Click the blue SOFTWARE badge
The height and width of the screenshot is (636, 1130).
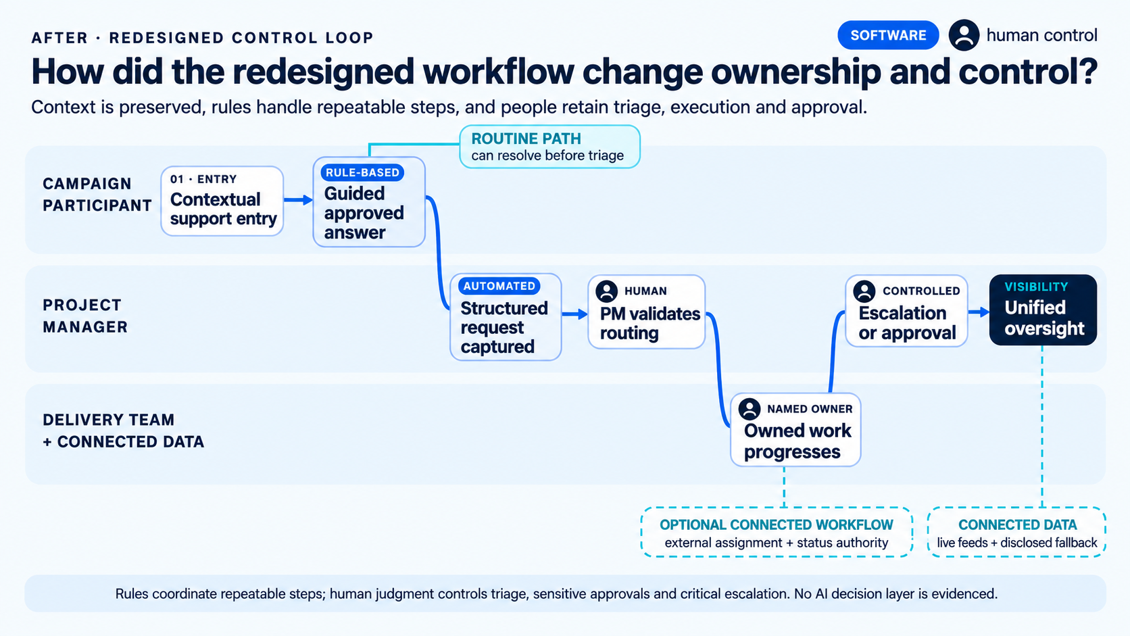tap(888, 35)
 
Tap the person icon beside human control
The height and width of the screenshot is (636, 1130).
tap(964, 35)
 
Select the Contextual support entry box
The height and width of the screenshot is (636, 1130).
tap(222, 201)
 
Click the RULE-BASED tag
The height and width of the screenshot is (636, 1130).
tap(362, 172)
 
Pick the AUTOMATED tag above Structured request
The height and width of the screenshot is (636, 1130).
tap(499, 286)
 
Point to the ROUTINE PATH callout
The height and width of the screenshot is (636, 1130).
tap(550, 147)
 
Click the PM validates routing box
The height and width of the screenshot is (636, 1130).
tap(646, 312)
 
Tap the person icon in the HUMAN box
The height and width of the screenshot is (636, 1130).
tap(606, 291)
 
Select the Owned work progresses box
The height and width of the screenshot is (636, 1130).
tap(795, 430)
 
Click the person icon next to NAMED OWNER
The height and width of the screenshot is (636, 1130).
tap(750, 408)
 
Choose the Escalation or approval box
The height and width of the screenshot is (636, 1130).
tap(906, 311)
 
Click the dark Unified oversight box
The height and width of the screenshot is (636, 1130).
tap(1043, 310)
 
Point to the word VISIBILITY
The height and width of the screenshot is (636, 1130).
tap(1036, 287)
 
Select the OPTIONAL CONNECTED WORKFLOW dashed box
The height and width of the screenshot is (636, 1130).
tap(777, 532)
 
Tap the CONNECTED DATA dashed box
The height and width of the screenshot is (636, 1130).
tap(1017, 532)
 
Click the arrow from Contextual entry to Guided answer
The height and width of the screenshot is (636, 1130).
tap(298, 200)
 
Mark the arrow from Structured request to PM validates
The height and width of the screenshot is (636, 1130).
tap(575, 314)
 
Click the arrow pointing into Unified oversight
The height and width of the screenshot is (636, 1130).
tap(979, 312)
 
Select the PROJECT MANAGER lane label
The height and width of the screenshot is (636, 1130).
tap(85, 316)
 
